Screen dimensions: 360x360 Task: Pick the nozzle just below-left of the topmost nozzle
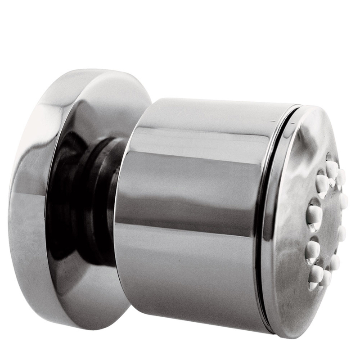click(322, 182)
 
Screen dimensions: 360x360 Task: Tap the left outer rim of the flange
click(13, 202)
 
